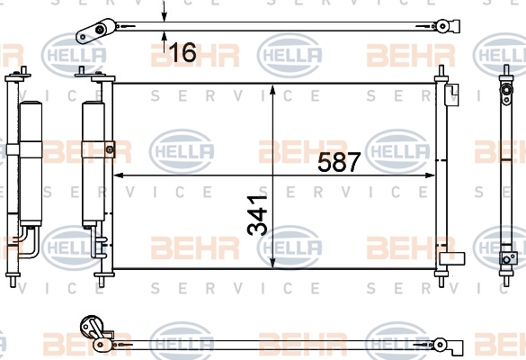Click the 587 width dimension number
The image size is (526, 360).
(339, 162)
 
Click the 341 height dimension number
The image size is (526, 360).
(257, 215)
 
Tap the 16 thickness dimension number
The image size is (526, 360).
(183, 52)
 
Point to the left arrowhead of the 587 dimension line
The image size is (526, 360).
(120, 175)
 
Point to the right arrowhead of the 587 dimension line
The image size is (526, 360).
(430, 175)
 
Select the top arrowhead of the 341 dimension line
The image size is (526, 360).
(272, 90)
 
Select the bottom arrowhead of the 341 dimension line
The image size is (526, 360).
(272, 263)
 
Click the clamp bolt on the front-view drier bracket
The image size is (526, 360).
(110, 149)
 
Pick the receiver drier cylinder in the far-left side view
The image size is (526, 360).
(31, 163)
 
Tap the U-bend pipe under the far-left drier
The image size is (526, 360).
(29, 242)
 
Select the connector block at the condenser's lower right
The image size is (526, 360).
(452, 258)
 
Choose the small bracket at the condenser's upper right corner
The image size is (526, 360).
(451, 94)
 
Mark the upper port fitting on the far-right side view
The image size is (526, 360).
(506, 90)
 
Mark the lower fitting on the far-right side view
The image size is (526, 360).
(506, 258)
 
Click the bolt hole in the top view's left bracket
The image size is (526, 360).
(100, 30)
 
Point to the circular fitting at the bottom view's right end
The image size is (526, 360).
(440, 345)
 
